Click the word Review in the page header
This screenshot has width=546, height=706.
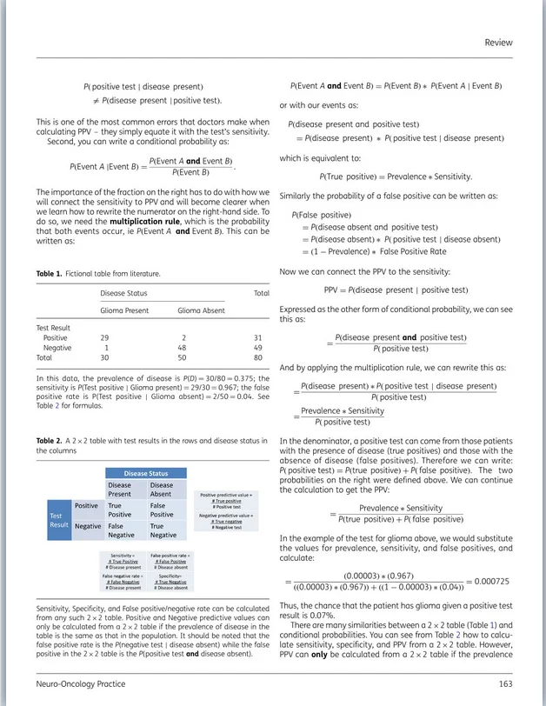pyautogui.click(x=498, y=43)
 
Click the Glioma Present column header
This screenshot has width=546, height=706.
pyautogui.click(x=124, y=310)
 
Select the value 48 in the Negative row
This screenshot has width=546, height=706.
pyautogui.click(x=184, y=347)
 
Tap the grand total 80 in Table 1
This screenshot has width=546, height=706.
pyautogui.click(x=257, y=357)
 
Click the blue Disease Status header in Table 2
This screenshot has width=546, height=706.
pyautogui.click(x=147, y=473)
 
